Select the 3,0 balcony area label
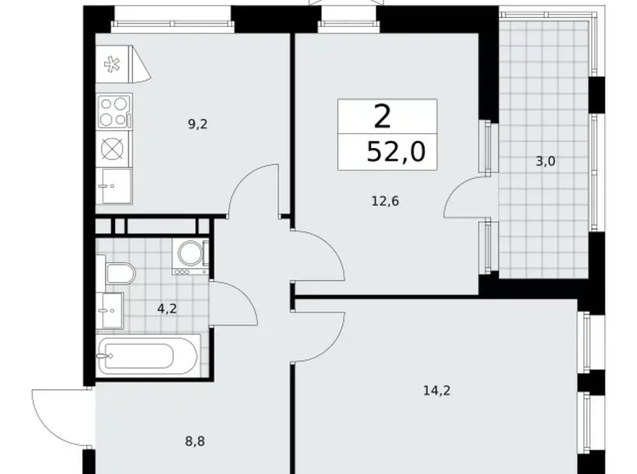pos(546,161)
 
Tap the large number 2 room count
pos(382,117)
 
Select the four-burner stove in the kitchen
pos(114,111)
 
